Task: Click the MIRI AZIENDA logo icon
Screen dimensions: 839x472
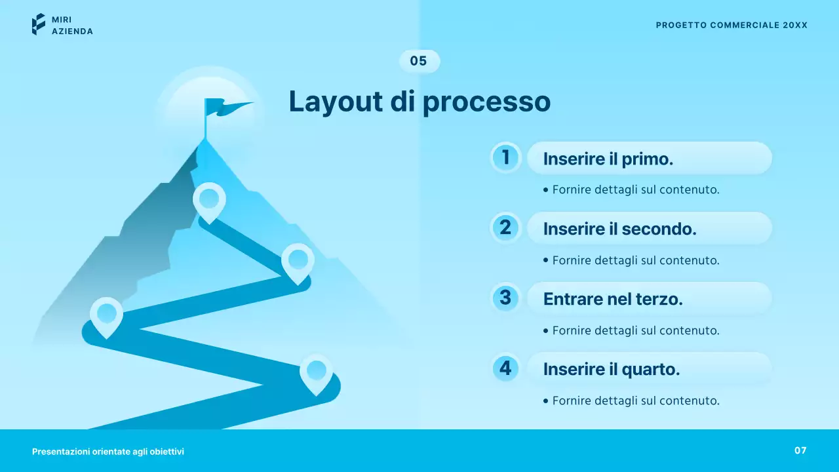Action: click(39, 24)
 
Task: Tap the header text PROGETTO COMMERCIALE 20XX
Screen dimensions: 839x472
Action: click(732, 25)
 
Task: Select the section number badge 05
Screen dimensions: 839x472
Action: click(419, 61)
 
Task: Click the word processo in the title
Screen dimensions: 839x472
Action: click(486, 102)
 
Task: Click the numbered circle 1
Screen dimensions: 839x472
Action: click(505, 157)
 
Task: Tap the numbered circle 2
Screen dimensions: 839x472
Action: click(505, 227)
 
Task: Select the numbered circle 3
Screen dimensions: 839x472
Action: click(505, 298)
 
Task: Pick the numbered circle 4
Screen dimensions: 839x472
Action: click(505, 368)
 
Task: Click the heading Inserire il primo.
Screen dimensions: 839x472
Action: click(608, 159)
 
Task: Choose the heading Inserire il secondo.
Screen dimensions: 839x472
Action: click(619, 229)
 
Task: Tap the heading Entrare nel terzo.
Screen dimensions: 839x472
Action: click(613, 299)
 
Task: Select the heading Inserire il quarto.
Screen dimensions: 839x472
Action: click(612, 369)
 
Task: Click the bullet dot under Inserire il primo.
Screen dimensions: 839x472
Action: click(546, 190)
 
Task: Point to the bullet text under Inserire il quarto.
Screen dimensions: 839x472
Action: click(636, 401)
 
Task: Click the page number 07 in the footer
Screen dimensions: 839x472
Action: click(800, 450)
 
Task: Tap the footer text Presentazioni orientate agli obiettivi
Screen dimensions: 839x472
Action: click(108, 452)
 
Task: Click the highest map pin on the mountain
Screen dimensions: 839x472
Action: click(209, 200)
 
